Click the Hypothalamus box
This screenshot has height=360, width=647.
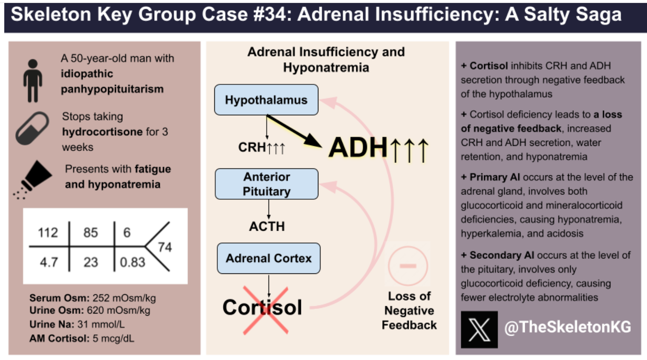(266, 100)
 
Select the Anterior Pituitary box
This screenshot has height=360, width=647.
(266, 184)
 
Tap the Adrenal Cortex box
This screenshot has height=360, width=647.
(269, 258)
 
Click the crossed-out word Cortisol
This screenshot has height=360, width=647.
(262, 308)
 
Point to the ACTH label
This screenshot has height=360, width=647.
(267, 226)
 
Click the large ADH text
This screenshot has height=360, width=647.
(358, 148)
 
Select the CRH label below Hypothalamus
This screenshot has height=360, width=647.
(252, 147)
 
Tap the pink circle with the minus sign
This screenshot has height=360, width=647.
(407, 266)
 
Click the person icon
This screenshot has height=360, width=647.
(33, 81)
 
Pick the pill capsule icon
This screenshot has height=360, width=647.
(32, 128)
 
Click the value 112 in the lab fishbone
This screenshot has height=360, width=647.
(48, 232)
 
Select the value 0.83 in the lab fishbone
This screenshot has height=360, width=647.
(132, 262)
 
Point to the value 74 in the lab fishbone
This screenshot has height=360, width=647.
(165, 247)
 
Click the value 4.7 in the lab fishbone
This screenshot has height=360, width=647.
(49, 262)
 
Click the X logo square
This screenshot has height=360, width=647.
(479, 329)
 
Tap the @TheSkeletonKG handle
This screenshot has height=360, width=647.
(567, 327)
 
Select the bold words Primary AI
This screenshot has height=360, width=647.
(494, 177)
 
